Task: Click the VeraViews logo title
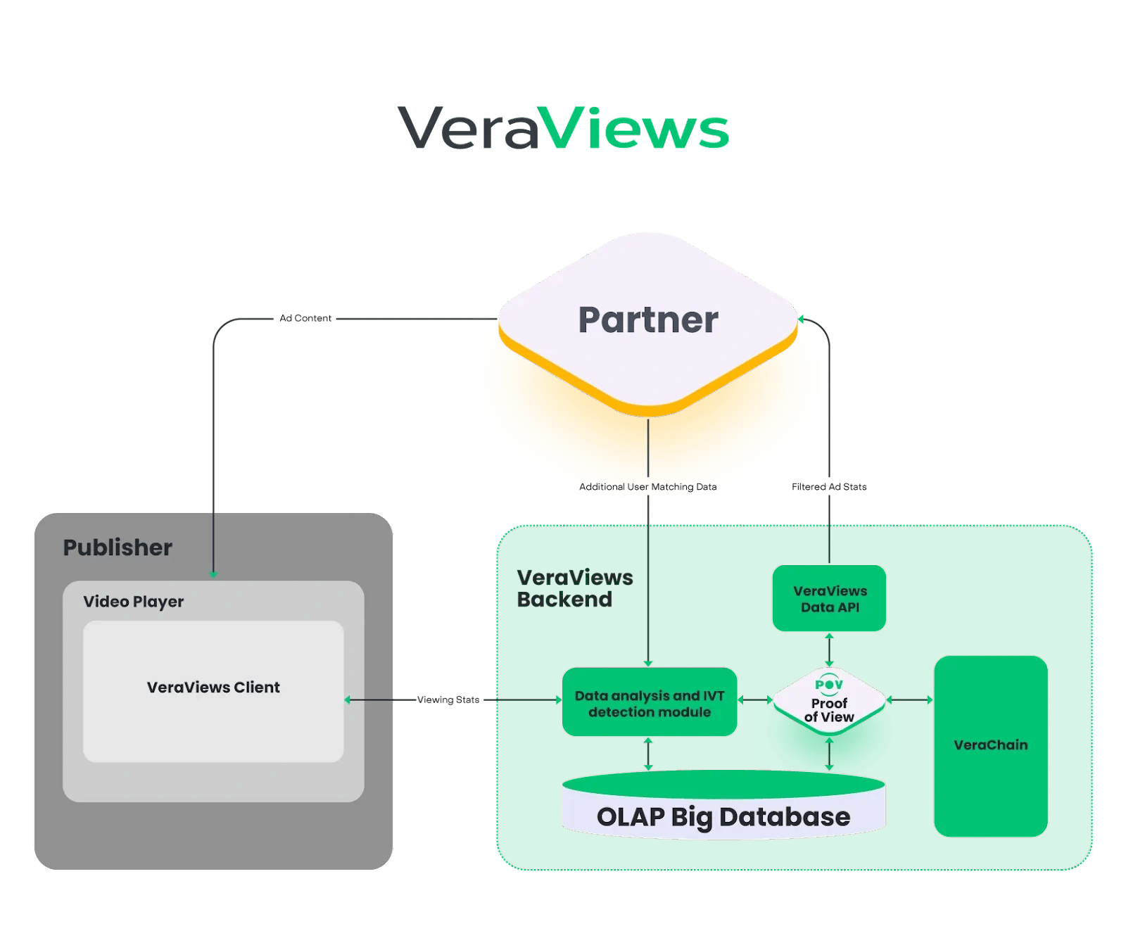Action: tap(563, 128)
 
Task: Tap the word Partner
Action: tap(648, 320)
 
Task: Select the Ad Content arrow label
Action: tap(305, 318)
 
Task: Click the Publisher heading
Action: tap(118, 547)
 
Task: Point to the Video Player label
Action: tap(133, 602)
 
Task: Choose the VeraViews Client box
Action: tap(213, 688)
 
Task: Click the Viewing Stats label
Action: tap(448, 699)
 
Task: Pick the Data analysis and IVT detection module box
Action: tap(650, 703)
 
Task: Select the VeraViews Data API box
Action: tap(830, 599)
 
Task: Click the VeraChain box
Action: tap(990, 745)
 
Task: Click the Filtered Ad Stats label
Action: tap(829, 486)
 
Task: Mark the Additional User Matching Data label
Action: tap(647, 486)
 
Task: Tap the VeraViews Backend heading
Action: tap(574, 588)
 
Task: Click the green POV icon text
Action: tap(829, 684)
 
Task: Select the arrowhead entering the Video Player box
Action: tap(213, 574)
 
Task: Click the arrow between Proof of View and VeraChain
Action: tap(910, 700)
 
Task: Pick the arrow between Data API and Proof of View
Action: tap(829, 650)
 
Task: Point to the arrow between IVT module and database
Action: tap(648, 754)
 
